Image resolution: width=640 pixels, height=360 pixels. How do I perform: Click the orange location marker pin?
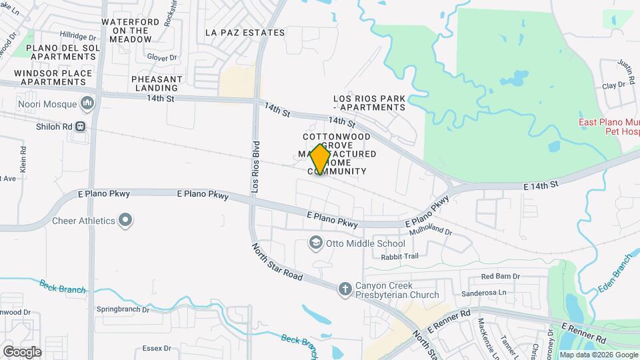point(321,159)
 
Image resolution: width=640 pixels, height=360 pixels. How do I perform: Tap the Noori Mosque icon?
point(87,103)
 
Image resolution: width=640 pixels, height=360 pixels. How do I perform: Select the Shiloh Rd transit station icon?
point(80,126)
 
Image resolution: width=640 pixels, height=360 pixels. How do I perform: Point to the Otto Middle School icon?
point(315,243)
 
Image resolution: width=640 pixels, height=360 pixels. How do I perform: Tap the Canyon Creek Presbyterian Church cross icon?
point(345,289)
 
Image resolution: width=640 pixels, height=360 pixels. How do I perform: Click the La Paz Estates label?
point(245,33)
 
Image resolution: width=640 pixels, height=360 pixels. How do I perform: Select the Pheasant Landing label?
point(157,83)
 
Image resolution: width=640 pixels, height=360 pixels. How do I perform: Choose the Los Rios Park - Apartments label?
point(369,103)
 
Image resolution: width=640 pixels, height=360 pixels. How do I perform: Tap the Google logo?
point(21,352)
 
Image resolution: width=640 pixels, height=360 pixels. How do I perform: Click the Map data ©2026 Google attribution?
point(598,355)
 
